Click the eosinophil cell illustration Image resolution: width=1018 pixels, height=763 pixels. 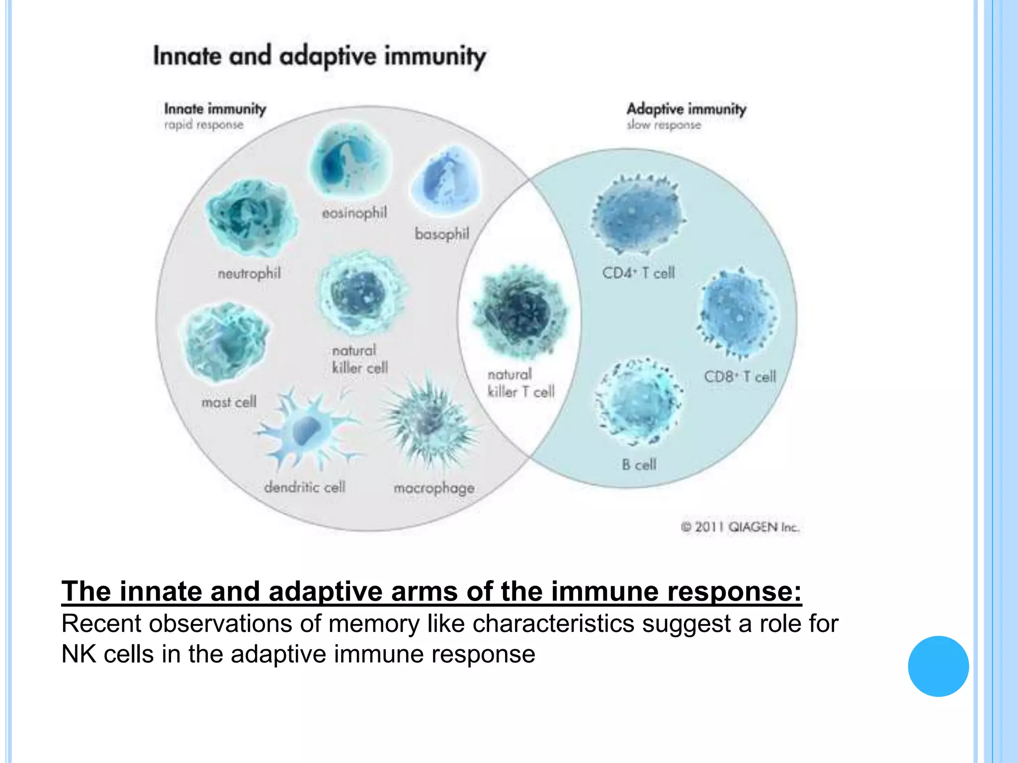click(x=350, y=161)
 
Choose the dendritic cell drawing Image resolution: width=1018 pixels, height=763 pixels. click(x=308, y=430)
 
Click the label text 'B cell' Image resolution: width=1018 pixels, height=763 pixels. click(x=639, y=465)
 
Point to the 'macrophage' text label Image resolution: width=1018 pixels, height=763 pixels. click(x=433, y=488)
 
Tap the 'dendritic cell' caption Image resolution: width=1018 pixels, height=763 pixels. click(x=304, y=487)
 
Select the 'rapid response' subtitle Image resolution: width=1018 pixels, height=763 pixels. click(x=204, y=125)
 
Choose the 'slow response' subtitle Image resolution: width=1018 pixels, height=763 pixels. click(x=664, y=125)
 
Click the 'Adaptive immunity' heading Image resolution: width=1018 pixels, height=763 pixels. click(x=686, y=109)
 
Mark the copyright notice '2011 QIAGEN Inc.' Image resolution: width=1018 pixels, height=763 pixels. click(x=740, y=527)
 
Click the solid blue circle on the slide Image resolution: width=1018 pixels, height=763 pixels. click(x=938, y=666)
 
